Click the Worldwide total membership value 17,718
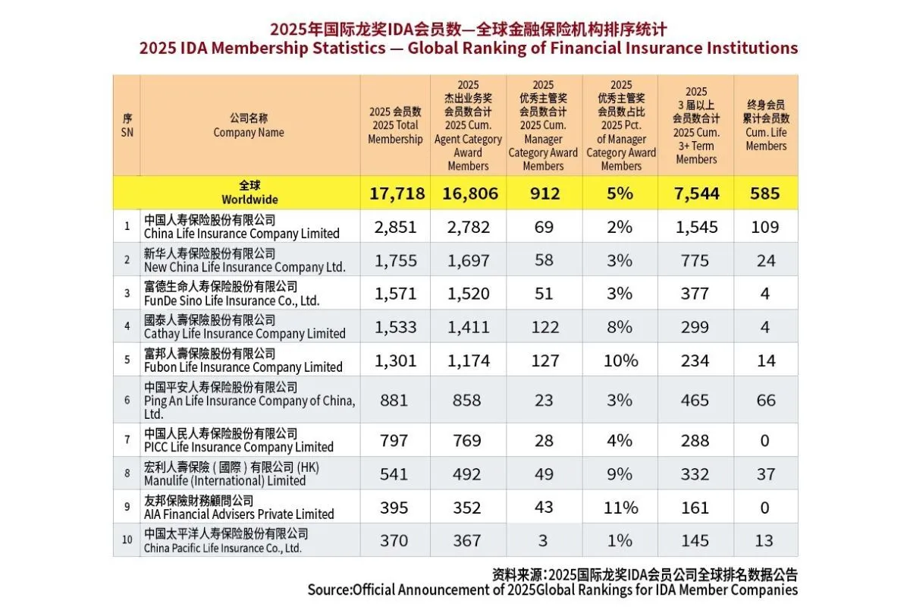[x=397, y=193]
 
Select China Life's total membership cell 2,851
[x=395, y=227]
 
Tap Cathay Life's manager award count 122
[x=543, y=326]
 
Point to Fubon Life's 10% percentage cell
[x=620, y=360]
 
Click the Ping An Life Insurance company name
[x=249, y=400]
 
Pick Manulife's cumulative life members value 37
[x=766, y=473]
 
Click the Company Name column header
[x=249, y=126]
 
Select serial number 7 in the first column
[x=127, y=440]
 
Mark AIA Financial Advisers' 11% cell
[x=620, y=507]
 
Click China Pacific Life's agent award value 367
[x=467, y=540]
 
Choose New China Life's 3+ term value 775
[x=695, y=260]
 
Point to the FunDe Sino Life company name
[x=231, y=294]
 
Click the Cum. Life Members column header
[x=766, y=126]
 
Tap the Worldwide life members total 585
[x=766, y=193]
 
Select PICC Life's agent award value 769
[x=467, y=440]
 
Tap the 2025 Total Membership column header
[x=395, y=126]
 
